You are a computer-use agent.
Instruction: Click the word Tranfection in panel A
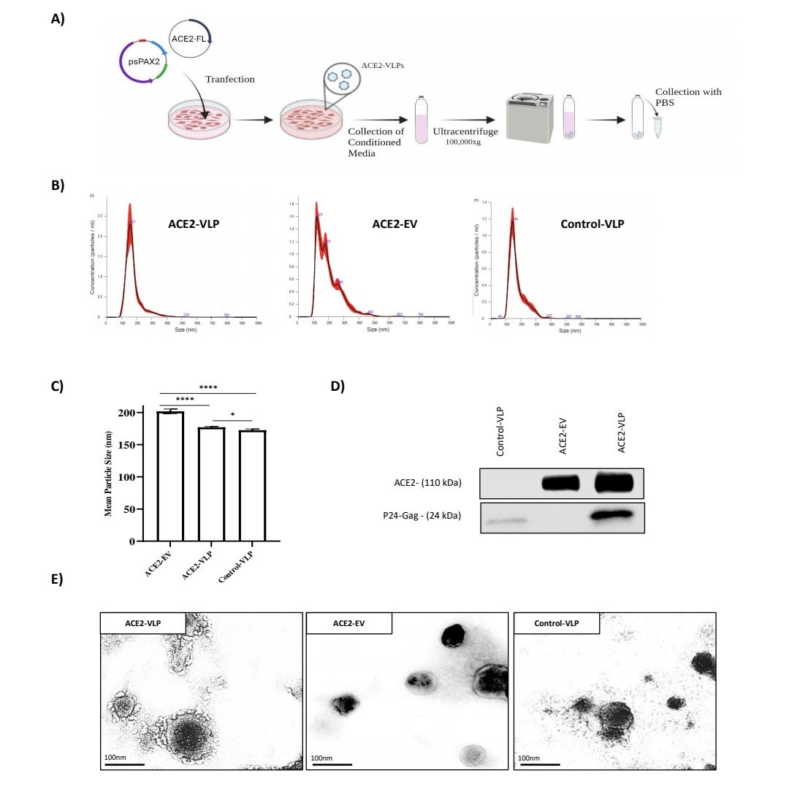point(229,79)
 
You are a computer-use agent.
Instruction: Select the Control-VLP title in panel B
point(592,224)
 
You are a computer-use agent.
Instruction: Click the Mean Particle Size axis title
point(108,474)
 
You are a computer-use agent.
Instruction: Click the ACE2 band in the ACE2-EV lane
point(559,483)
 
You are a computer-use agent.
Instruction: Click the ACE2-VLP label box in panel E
point(142,622)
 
